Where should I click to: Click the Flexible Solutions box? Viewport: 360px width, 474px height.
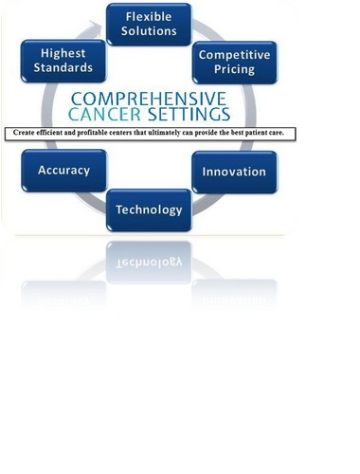(148, 24)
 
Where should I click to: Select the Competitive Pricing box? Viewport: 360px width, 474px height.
(233, 63)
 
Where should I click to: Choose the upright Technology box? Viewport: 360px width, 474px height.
(148, 210)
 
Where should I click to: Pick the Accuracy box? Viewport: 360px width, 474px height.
(63, 172)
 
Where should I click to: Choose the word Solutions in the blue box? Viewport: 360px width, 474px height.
(148, 31)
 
